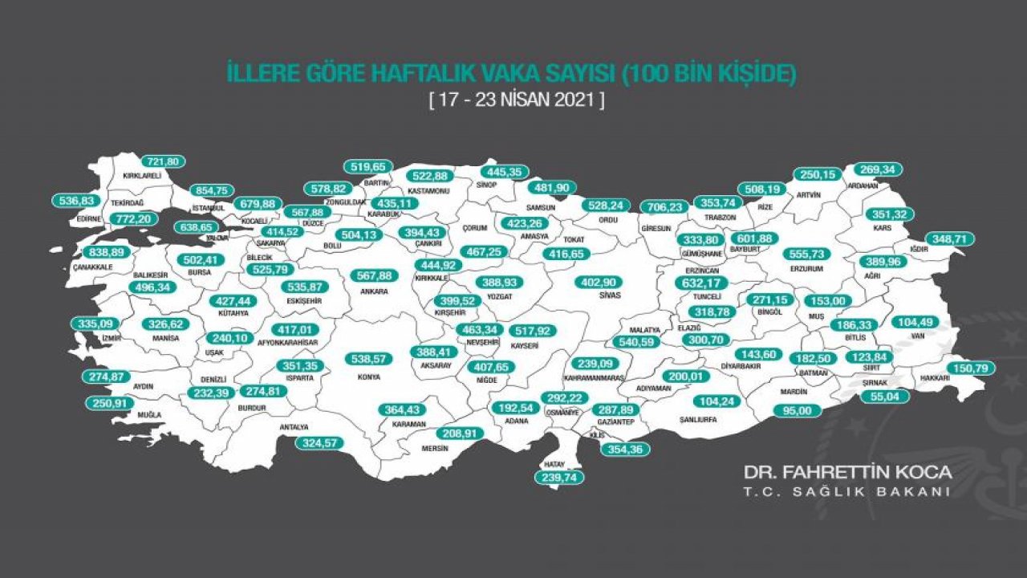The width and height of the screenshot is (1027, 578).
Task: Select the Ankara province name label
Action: (374, 291)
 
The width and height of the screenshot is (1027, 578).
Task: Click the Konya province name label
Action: (369, 376)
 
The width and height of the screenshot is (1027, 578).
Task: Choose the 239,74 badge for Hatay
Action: (560, 476)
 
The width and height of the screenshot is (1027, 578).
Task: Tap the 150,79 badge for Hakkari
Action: (968, 368)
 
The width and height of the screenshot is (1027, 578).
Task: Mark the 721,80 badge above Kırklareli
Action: (163, 161)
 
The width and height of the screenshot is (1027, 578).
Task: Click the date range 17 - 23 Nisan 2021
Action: (516, 102)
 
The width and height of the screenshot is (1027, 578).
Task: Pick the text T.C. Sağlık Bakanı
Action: (848, 491)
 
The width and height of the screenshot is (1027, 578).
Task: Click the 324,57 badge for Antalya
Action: (319, 442)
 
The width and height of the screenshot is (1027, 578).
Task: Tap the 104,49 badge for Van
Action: (915, 322)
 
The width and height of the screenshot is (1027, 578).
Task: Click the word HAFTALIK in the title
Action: (414, 75)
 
